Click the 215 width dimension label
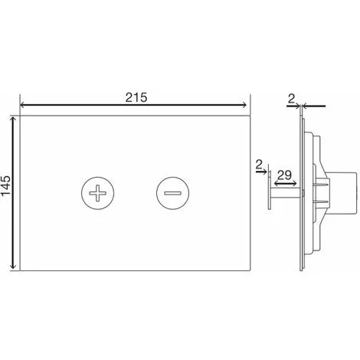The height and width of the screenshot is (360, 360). point(136,97)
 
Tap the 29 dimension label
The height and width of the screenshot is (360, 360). point(284,175)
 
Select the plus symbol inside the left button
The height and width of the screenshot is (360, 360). point(97,193)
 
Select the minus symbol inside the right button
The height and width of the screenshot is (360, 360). point(172,193)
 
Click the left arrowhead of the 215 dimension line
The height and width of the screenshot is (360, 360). point(22,105)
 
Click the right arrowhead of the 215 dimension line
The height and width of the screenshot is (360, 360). point(244,105)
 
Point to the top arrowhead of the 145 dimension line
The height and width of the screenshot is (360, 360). point(13,119)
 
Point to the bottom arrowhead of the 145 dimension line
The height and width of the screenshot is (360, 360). point(13,267)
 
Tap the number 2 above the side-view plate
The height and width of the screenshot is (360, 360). point(291,99)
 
